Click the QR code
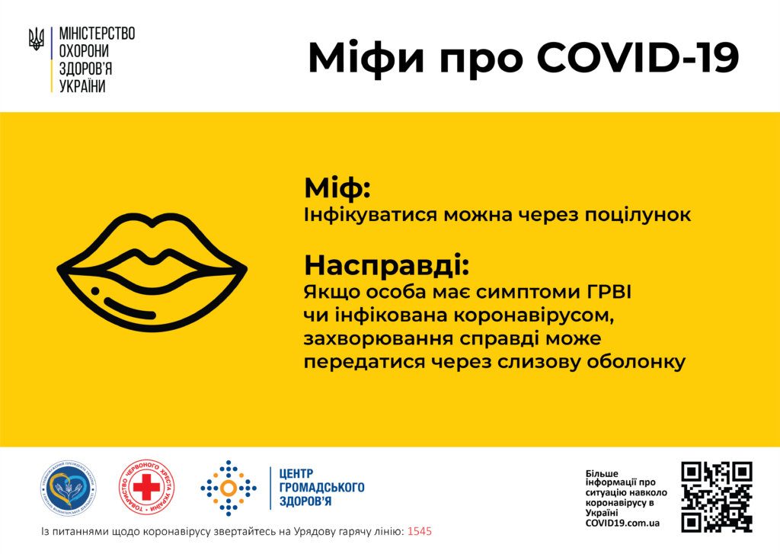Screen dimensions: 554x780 [716, 496]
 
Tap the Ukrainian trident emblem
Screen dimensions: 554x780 [36, 39]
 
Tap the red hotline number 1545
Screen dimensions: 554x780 [420, 531]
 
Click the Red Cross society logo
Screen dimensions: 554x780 [147, 488]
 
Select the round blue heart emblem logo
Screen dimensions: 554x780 [69, 488]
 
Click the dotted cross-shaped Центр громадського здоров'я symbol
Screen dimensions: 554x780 [229, 488]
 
